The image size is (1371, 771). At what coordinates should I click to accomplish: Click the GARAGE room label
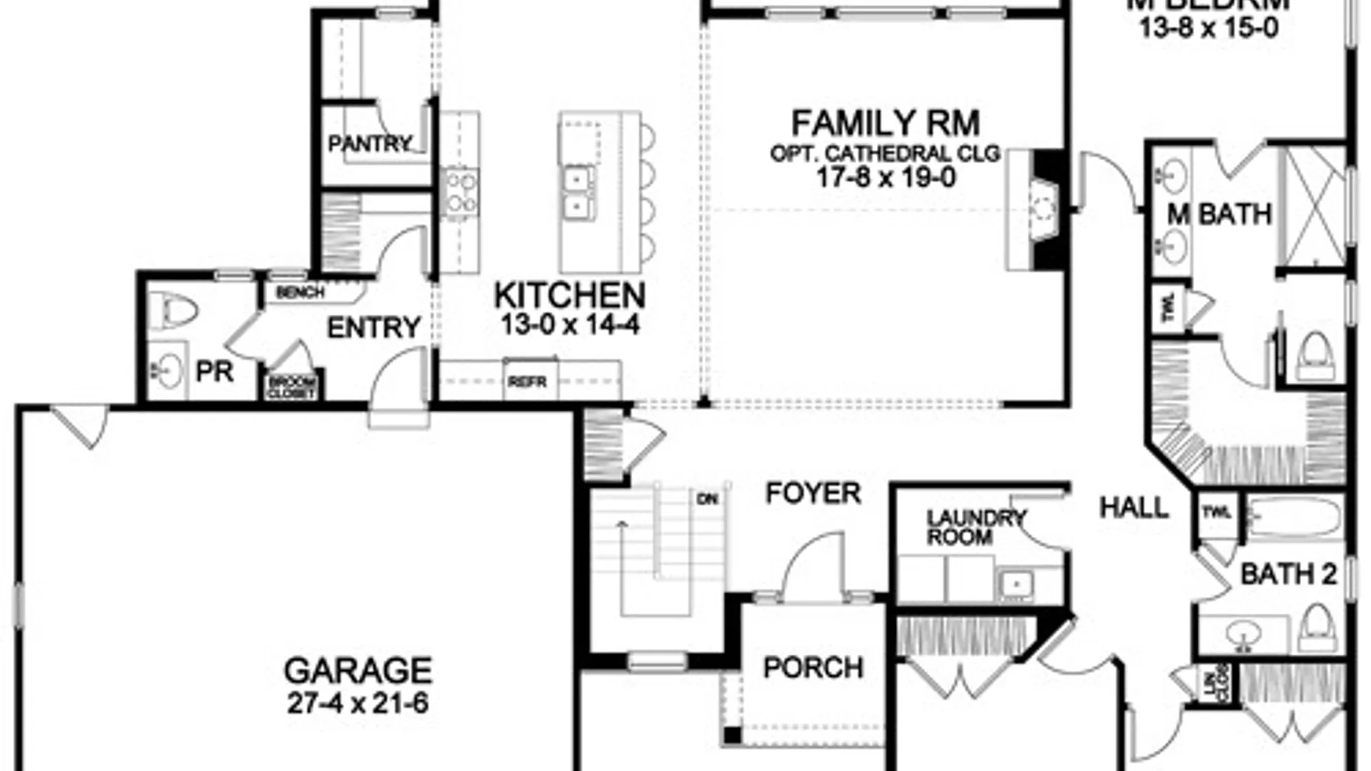click(x=358, y=670)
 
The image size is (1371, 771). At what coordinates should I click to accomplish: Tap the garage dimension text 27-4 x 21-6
click(x=358, y=704)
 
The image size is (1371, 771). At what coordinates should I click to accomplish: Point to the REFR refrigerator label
click(x=527, y=382)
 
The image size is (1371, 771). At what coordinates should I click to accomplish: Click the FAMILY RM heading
click(x=885, y=124)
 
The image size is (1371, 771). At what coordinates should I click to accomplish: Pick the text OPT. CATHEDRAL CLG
click(x=885, y=153)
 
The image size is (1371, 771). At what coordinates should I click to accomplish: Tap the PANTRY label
click(x=370, y=144)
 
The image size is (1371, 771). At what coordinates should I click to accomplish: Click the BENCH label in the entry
click(x=300, y=293)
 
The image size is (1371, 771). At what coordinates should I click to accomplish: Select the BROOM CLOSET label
click(x=291, y=388)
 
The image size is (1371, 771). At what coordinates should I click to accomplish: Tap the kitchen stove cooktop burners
click(x=460, y=193)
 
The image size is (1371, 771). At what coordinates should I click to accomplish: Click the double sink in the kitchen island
click(x=577, y=193)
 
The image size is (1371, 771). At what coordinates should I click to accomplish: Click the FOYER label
click(x=813, y=493)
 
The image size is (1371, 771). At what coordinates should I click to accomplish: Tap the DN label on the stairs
click(x=707, y=500)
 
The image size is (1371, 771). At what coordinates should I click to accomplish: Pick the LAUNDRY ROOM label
click(x=975, y=527)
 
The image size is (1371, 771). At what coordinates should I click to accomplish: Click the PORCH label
click(x=813, y=667)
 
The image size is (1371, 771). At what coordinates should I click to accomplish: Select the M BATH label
click(x=1220, y=214)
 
